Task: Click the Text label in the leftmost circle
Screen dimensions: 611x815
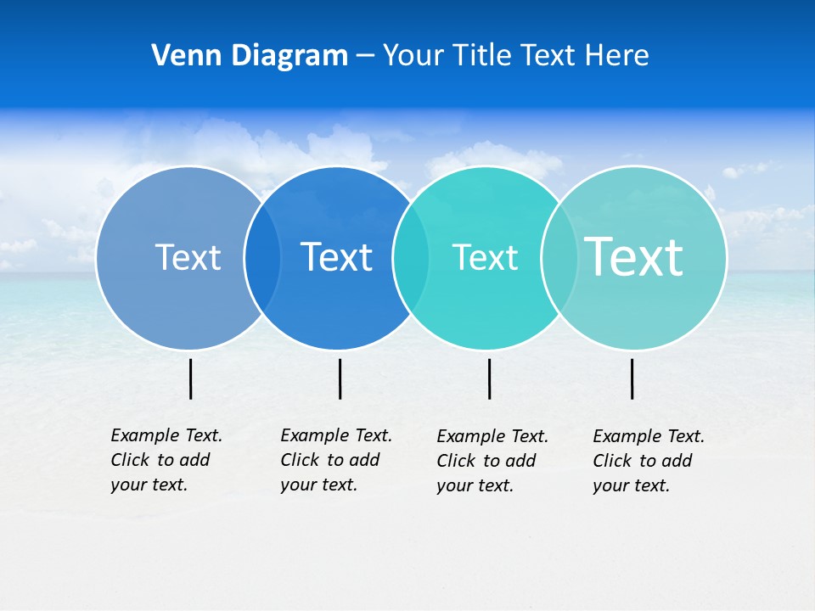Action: (188, 257)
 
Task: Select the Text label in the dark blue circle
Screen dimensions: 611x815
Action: (336, 257)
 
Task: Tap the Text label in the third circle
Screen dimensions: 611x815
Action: (485, 257)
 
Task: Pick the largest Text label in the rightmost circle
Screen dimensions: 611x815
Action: (634, 256)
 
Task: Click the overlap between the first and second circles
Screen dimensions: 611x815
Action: (262, 258)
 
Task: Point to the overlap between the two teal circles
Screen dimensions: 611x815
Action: (559, 258)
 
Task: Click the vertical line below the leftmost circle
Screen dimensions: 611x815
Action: (190, 378)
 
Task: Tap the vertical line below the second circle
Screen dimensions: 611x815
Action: (340, 378)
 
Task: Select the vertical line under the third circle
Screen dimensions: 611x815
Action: (489, 378)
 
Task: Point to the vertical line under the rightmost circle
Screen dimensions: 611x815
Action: (632, 378)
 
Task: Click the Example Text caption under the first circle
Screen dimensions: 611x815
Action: (166, 460)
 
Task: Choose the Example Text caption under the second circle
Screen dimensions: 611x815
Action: (335, 460)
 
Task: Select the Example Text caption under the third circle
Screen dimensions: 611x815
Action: (492, 461)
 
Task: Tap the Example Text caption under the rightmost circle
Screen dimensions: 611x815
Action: (648, 461)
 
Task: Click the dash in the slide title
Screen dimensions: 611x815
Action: (365, 57)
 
